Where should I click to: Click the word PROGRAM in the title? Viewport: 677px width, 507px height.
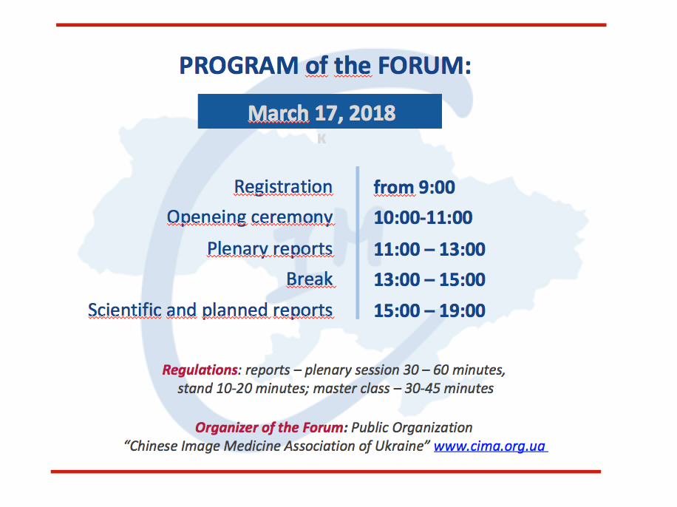[239, 66]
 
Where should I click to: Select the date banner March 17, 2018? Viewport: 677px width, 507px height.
[319, 111]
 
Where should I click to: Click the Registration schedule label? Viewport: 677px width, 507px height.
[283, 187]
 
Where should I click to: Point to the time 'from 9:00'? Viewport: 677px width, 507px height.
[414, 188]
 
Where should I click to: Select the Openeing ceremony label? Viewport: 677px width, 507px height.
[250, 217]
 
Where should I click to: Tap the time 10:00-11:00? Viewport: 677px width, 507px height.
[423, 218]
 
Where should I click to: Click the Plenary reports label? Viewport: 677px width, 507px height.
[270, 249]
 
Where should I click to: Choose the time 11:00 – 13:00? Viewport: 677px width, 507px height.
[429, 249]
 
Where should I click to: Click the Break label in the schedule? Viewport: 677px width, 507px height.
[310, 279]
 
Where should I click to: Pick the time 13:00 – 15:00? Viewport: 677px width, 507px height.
[429, 279]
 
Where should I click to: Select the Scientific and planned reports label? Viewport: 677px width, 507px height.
[210, 310]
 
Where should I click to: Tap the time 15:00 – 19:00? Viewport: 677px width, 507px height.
[429, 310]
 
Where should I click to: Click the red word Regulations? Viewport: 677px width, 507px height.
[200, 370]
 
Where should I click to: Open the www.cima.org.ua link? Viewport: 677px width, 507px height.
[491, 446]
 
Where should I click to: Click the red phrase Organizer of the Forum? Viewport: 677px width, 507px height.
[270, 427]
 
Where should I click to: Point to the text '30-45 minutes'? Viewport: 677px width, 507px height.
[449, 388]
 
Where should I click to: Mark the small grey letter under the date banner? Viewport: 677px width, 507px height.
[322, 139]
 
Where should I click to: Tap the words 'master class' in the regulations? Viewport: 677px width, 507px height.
[352, 388]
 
